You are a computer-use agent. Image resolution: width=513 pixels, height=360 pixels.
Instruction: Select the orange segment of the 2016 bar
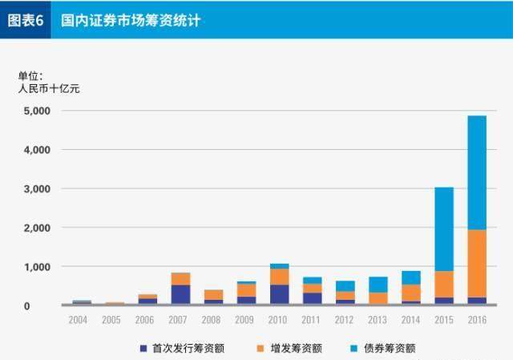click(476, 263)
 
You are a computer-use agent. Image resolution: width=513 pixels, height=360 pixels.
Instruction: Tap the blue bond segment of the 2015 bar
click(443, 229)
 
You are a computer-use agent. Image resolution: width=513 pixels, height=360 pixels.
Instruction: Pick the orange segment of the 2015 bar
click(443, 284)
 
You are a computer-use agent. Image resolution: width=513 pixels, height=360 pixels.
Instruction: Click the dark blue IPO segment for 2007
click(180, 295)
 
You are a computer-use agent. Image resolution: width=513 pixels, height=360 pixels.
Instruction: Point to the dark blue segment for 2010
click(279, 295)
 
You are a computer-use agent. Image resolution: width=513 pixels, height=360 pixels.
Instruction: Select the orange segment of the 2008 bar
click(213, 294)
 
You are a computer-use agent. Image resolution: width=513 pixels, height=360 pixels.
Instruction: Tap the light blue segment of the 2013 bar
click(378, 284)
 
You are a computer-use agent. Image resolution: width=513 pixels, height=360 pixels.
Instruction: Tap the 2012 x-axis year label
click(345, 319)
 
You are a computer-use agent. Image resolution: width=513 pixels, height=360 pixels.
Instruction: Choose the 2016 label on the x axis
click(476, 319)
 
